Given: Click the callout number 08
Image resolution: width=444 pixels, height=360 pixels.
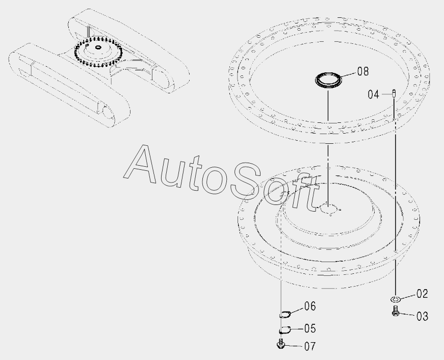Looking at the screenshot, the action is click(x=363, y=71).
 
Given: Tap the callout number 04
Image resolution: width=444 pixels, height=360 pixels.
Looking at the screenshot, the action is click(x=373, y=94).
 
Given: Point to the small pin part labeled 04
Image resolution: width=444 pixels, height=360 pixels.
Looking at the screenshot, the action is click(x=394, y=93).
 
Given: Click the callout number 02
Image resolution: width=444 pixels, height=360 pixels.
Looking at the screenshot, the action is click(x=422, y=294).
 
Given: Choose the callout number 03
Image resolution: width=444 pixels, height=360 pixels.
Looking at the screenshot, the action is click(x=422, y=316).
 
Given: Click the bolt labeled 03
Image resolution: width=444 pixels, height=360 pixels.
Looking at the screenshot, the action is click(x=395, y=311).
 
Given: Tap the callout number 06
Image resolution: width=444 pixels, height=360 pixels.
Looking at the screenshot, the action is click(x=310, y=306).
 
